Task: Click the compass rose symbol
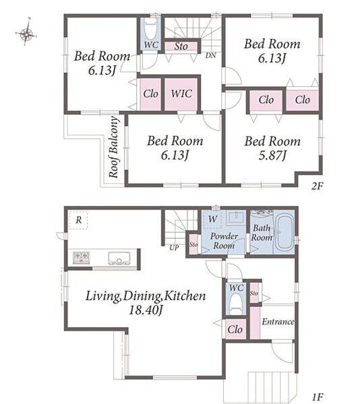click(x=26, y=34)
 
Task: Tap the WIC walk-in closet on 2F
click(x=181, y=94)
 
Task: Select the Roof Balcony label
click(x=113, y=147)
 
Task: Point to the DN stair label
click(x=211, y=55)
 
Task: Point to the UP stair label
click(x=174, y=248)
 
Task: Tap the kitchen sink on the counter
click(x=119, y=258)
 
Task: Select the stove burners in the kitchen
click(x=82, y=258)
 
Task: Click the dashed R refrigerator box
click(x=78, y=220)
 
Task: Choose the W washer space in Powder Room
click(x=212, y=220)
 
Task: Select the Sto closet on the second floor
click(x=181, y=46)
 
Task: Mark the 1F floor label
click(x=318, y=397)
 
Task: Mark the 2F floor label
click(x=318, y=186)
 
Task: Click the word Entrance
click(x=278, y=322)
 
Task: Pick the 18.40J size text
click(x=146, y=310)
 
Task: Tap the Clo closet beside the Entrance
click(x=235, y=329)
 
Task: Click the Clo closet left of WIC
click(x=150, y=94)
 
